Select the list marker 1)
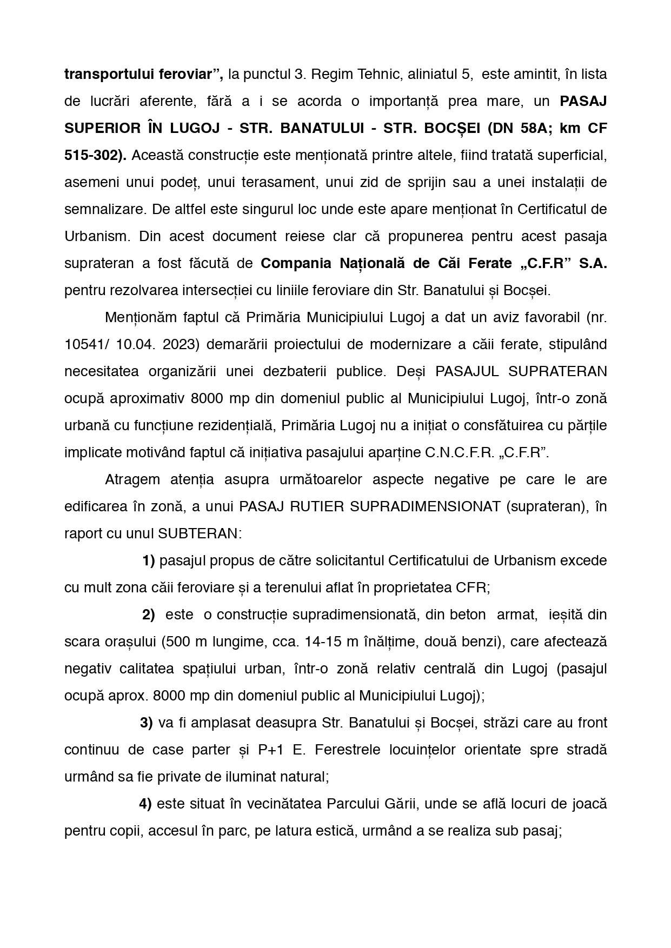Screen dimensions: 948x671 coord(149,560)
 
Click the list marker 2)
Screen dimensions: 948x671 coord(149,615)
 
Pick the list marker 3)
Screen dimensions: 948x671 coord(147,723)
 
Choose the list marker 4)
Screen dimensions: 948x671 coord(145,804)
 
